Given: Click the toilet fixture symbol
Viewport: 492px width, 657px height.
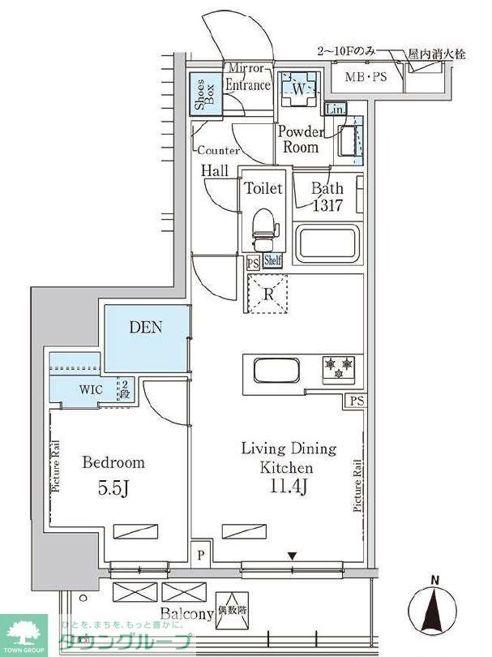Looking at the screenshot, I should click(x=263, y=227).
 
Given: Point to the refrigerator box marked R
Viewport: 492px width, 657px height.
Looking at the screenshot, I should click(x=267, y=294).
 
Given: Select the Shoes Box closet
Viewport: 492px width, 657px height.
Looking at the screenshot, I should click(x=203, y=94).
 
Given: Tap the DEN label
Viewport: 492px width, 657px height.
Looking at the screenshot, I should click(x=146, y=328).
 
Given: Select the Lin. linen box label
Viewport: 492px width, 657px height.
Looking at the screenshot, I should click(x=335, y=109).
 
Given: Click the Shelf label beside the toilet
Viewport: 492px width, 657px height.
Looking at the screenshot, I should click(x=273, y=260).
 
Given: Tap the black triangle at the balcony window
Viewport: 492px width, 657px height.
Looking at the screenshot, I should click(x=291, y=556).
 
